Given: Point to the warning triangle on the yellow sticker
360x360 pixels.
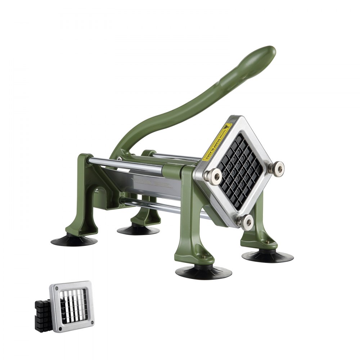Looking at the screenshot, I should click(x=226, y=127).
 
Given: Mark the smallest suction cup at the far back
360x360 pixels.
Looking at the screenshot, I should click(x=138, y=230).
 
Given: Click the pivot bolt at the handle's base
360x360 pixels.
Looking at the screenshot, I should click(x=119, y=158).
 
